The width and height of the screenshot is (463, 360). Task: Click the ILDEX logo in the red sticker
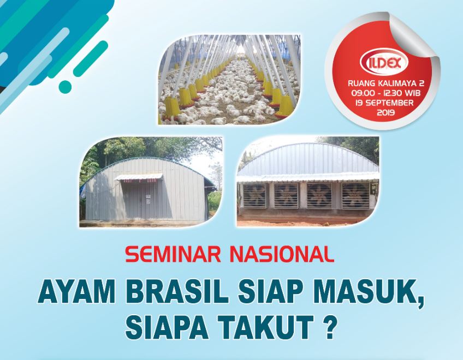[x=384, y=62]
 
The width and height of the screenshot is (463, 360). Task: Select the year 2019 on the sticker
[x=385, y=112]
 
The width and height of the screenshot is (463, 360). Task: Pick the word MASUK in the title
[x=366, y=292]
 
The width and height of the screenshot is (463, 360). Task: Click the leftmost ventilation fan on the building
[x=255, y=195]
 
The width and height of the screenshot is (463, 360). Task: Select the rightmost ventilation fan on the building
[x=355, y=195]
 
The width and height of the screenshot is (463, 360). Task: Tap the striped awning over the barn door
[x=139, y=177]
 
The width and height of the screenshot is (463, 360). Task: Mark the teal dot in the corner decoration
[x=66, y=86]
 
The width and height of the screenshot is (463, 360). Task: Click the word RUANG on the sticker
[x=359, y=83]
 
